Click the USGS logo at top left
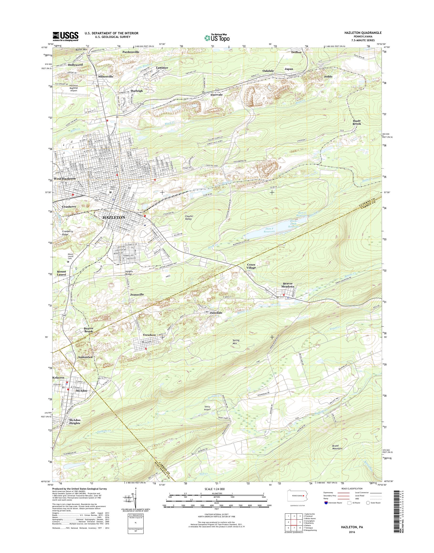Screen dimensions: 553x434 pos(66,36)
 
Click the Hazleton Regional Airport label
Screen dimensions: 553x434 pos(72,88)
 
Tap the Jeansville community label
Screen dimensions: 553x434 pos(137,294)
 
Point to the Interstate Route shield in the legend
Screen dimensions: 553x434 pos(326,503)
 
